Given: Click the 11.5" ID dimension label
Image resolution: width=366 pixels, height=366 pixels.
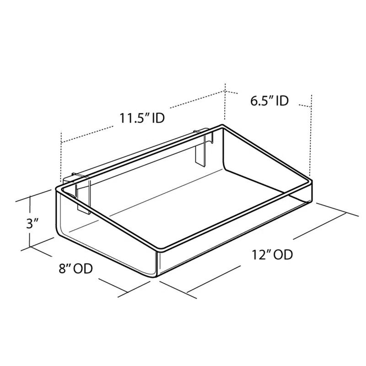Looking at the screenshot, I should [x=142, y=118].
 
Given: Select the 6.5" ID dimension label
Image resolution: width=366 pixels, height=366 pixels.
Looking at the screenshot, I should [x=269, y=101].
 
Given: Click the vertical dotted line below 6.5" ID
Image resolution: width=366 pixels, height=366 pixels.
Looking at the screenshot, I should [x=311, y=137].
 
